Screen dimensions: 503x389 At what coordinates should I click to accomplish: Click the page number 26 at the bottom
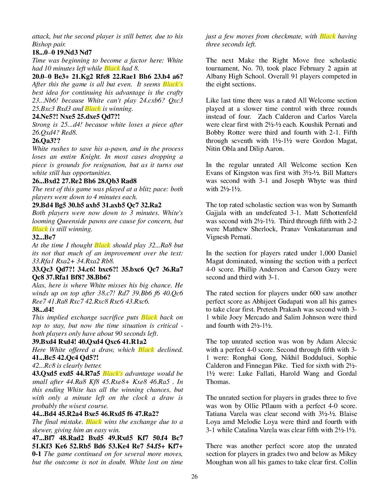coord(194,476)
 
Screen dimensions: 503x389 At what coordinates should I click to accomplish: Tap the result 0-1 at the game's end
coord(37,454)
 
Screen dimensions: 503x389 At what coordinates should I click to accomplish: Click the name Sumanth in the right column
coord(345,205)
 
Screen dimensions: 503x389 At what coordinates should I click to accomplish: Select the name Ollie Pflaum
coord(267,406)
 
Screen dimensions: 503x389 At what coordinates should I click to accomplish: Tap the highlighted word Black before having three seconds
coord(328,36)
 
